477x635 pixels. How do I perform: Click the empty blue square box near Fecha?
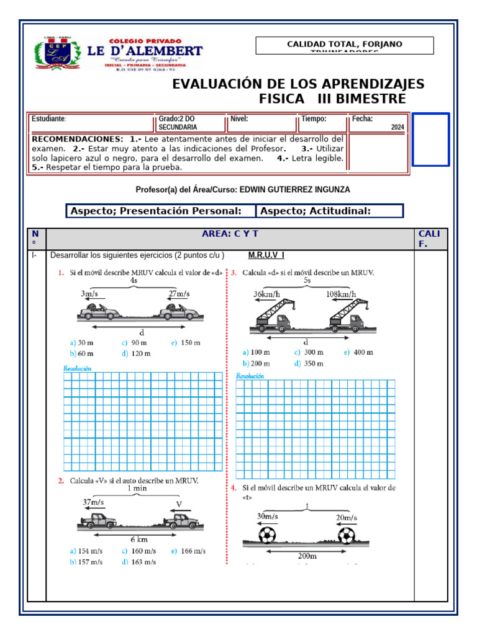point(430,140)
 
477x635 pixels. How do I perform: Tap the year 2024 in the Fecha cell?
point(397,127)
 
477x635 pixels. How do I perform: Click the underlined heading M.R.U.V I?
point(266,255)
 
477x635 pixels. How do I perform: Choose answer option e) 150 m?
point(186,342)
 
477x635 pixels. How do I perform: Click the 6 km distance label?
point(139,540)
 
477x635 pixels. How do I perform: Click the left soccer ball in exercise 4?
point(268,535)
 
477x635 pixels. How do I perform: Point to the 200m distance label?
point(307,556)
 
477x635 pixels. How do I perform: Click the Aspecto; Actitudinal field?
point(329,211)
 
